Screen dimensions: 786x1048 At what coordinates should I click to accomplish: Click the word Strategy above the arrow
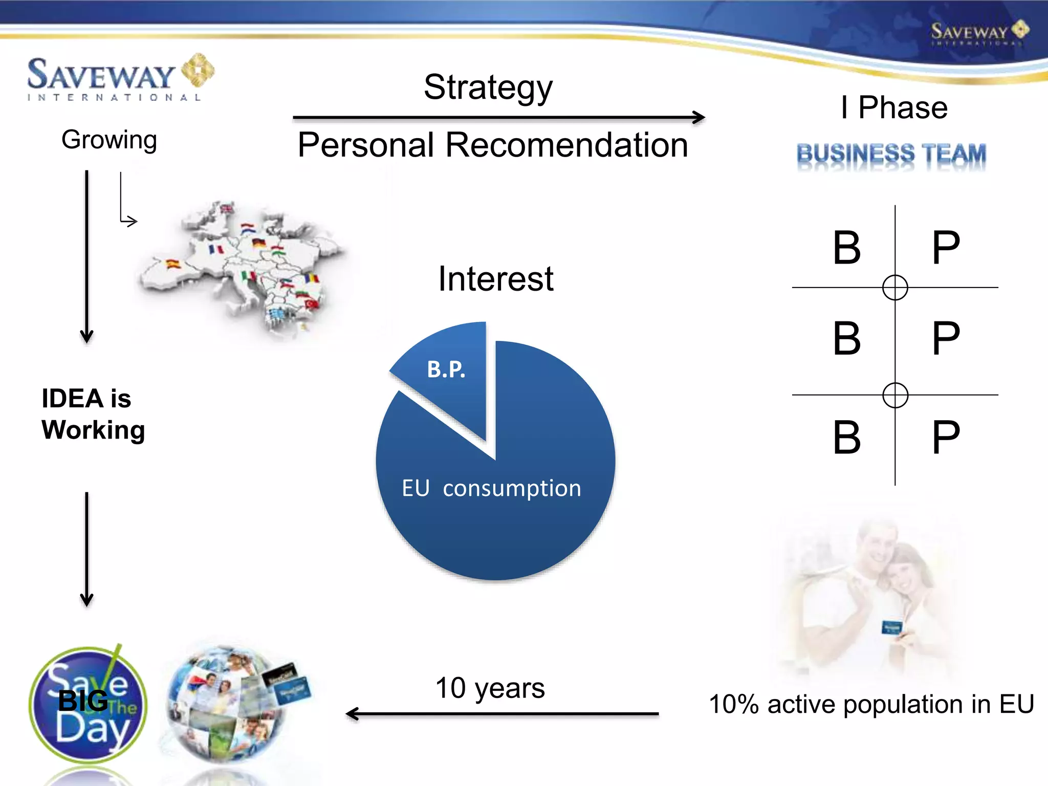tap(488, 88)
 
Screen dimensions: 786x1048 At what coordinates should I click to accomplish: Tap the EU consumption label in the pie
tap(491, 488)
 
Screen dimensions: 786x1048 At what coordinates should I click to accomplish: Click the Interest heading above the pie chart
tap(495, 279)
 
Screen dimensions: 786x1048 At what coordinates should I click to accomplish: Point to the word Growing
tap(109, 140)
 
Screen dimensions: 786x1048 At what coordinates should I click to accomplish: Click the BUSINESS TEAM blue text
tap(891, 154)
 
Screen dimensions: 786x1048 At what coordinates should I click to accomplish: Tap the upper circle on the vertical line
tap(895, 288)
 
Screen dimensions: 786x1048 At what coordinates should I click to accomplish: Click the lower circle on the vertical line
tap(895, 395)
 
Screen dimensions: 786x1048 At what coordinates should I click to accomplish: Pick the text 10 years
tap(490, 688)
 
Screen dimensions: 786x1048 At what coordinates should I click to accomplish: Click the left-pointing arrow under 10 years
tap(501, 713)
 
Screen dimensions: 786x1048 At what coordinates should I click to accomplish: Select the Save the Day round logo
tap(88, 706)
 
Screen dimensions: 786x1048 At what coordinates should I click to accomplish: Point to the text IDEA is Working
tap(93, 414)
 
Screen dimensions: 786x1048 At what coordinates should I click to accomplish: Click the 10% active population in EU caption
tap(871, 704)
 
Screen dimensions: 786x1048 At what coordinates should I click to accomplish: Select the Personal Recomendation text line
tap(492, 145)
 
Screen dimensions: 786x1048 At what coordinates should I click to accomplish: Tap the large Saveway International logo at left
tap(120, 78)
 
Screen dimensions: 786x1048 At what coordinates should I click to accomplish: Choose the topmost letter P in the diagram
tap(946, 248)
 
